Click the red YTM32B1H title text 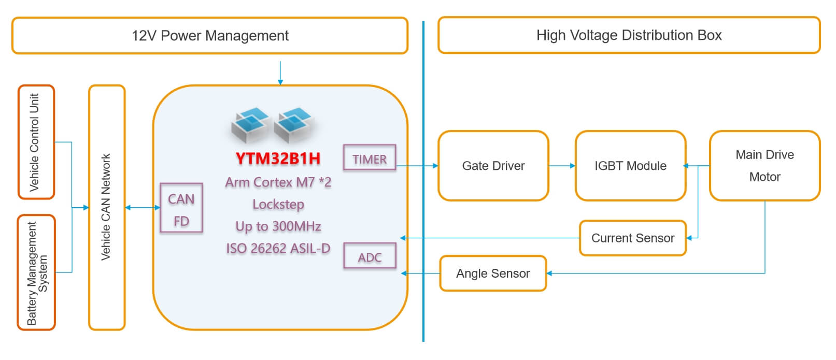278,159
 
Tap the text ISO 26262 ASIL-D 278,248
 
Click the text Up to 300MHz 278,226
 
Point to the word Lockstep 278,204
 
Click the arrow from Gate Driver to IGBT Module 562,166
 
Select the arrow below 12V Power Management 280,73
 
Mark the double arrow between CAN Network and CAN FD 143,207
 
